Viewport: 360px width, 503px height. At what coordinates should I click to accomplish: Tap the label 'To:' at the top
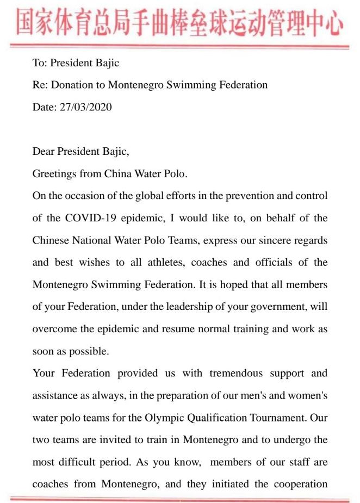click(40, 63)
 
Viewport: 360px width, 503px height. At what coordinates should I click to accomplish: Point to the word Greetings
click(53, 174)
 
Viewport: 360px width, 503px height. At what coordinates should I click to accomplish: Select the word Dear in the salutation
click(43, 152)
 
